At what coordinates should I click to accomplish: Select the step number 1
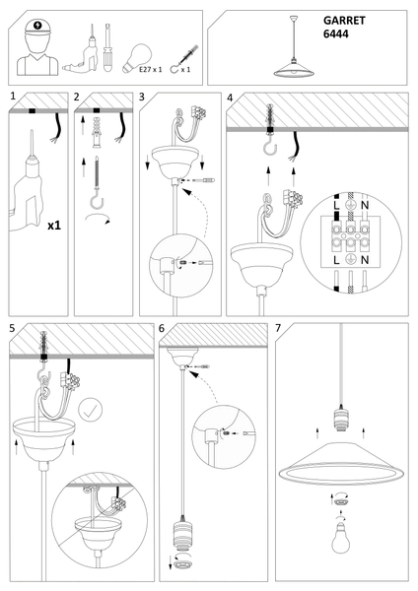click(12, 98)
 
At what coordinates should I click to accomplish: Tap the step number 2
click(77, 98)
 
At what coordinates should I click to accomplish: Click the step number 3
click(143, 98)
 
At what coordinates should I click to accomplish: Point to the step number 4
click(230, 98)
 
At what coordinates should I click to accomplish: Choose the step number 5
click(12, 327)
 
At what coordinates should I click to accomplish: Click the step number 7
click(281, 327)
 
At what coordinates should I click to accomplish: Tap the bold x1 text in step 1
click(55, 226)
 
